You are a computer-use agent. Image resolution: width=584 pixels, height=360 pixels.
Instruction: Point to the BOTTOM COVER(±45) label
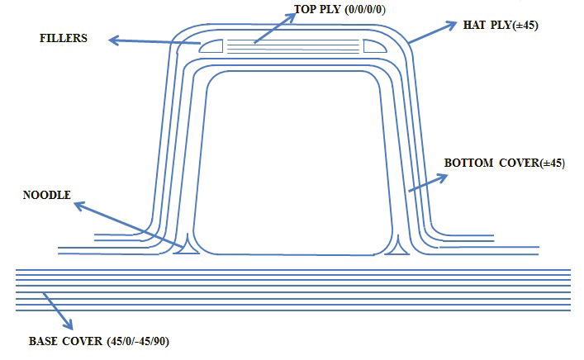[505, 163]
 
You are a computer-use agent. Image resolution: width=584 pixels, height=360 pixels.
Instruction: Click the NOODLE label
[49, 196]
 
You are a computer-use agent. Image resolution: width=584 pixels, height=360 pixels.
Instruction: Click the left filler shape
[211, 46]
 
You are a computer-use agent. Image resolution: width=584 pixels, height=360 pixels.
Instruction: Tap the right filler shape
[375, 46]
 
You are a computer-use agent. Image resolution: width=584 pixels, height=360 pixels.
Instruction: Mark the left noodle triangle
[188, 245]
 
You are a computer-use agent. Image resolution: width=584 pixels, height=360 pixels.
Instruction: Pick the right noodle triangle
[400, 245]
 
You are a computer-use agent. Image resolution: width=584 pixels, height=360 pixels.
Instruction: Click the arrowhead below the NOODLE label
[77, 205]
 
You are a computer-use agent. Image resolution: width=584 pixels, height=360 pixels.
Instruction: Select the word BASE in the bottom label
[43, 341]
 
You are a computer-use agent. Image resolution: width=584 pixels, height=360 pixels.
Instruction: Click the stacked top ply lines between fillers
[293, 46]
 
